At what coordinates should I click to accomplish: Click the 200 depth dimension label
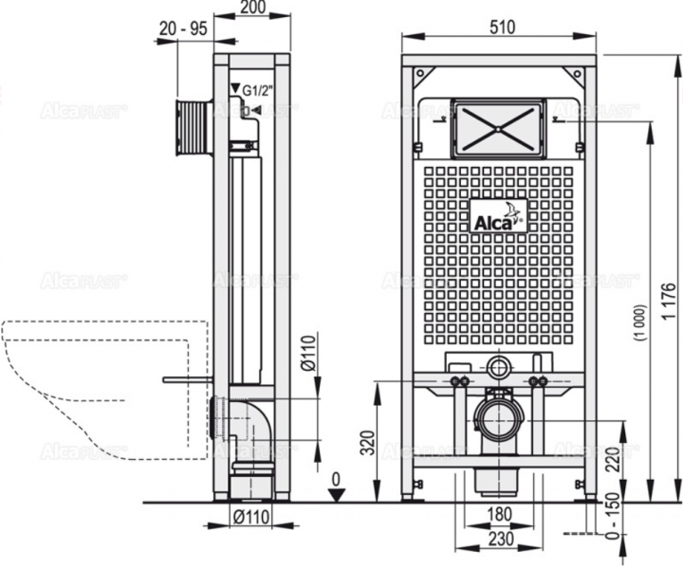click(252, 8)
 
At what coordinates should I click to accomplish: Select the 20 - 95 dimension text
click(183, 28)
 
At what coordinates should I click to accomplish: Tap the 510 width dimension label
click(499, 28)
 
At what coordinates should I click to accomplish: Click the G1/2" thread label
click(260, 92)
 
